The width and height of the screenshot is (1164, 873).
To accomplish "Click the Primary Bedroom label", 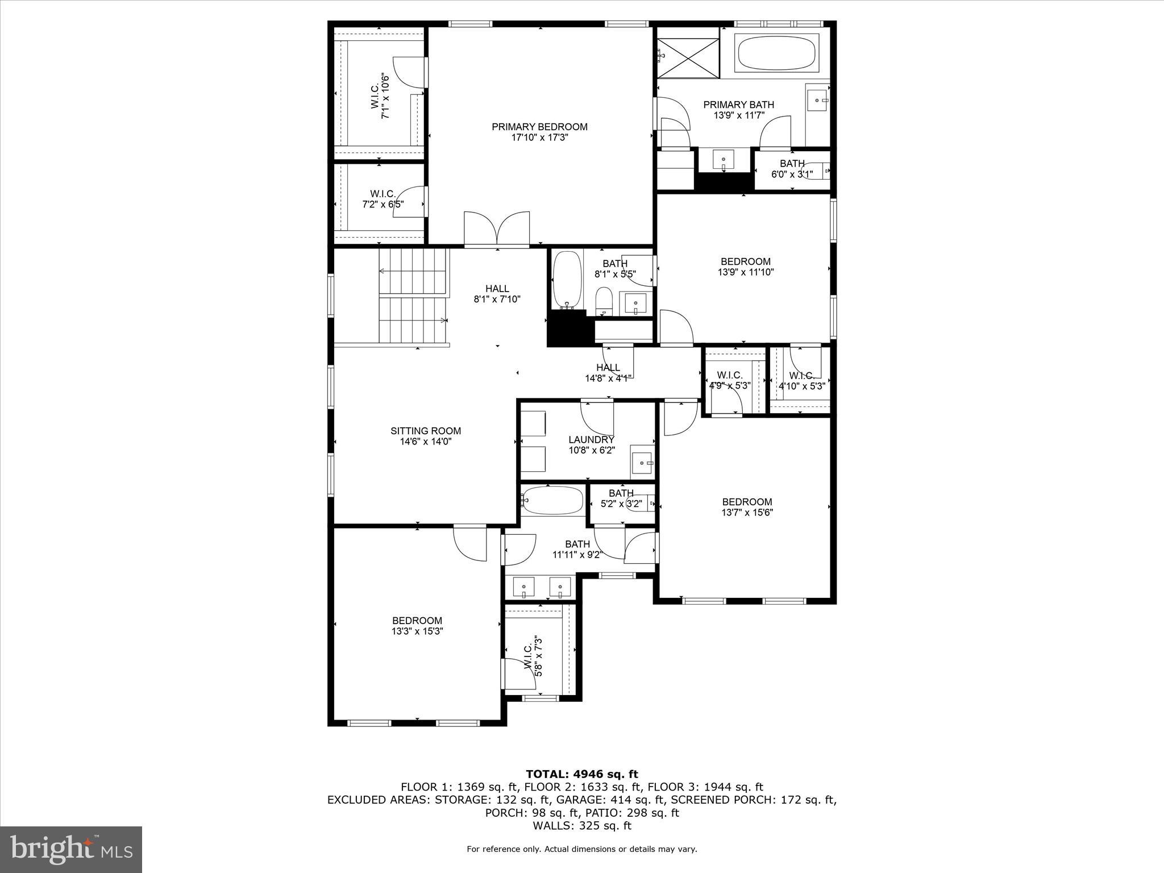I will [539, 127].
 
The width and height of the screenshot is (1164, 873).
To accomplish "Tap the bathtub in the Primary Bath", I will [776, 53].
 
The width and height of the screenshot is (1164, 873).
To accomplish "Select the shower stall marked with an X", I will [688, 56].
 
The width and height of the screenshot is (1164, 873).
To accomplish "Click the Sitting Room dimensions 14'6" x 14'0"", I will [425, 441].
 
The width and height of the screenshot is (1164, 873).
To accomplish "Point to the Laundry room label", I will [591, 439].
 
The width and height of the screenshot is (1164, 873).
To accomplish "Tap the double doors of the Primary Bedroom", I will [497, 228].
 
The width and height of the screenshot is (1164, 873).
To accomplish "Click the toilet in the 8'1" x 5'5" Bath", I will [604, 301].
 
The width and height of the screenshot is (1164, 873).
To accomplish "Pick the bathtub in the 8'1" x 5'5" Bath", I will [567, 279].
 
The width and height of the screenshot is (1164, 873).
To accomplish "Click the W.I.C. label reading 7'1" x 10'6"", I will [380, 97].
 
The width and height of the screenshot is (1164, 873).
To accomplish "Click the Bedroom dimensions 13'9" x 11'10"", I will [746, 272].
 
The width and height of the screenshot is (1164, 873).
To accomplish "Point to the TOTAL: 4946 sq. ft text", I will [581, 774].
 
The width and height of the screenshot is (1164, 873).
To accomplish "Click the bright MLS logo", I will [71, 849].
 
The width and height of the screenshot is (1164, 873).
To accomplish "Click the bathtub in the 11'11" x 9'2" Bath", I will [552, 500].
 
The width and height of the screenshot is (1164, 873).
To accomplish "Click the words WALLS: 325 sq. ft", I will [581, 826].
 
